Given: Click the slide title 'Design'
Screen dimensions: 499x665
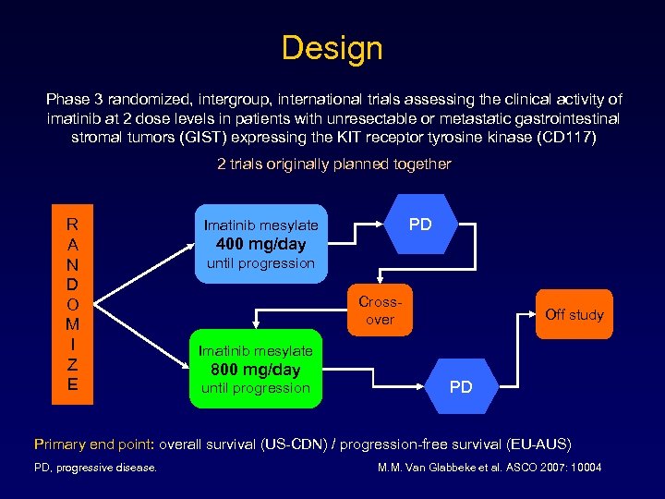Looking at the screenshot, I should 332,47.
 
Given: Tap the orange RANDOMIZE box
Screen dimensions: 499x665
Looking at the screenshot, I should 72,304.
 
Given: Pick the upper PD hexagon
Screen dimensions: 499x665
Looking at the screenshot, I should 420,225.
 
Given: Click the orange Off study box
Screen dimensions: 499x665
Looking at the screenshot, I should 574,314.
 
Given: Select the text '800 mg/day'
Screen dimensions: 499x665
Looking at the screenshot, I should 257,370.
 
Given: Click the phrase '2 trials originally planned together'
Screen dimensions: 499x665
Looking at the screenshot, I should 333,164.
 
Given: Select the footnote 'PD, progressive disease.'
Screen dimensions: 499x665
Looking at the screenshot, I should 95,468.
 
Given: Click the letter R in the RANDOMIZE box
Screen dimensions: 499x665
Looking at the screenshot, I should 72,224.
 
